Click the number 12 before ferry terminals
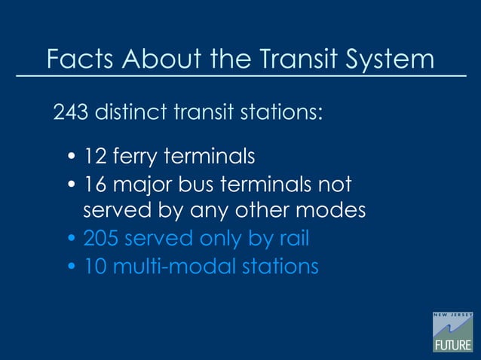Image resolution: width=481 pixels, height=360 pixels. (94, 157)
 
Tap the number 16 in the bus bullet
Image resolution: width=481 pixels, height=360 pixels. (95, 185)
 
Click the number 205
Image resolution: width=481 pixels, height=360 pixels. (100, 239)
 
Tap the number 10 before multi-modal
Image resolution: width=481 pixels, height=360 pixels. (95, 266)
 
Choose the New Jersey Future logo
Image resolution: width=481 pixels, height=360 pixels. (452, 331)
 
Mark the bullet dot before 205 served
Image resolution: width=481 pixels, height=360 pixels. (72, 240)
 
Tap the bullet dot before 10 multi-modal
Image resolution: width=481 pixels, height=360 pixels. (72, 267)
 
